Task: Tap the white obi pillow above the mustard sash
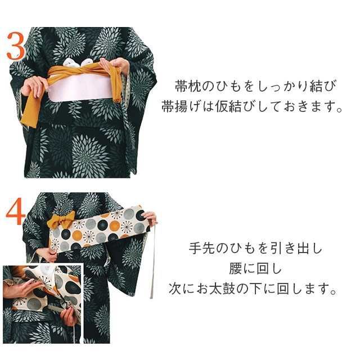pos(77,62)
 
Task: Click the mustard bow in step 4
pos(60,220)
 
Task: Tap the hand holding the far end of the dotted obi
pos(150,218)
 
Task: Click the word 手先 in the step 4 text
pos(200,248)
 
